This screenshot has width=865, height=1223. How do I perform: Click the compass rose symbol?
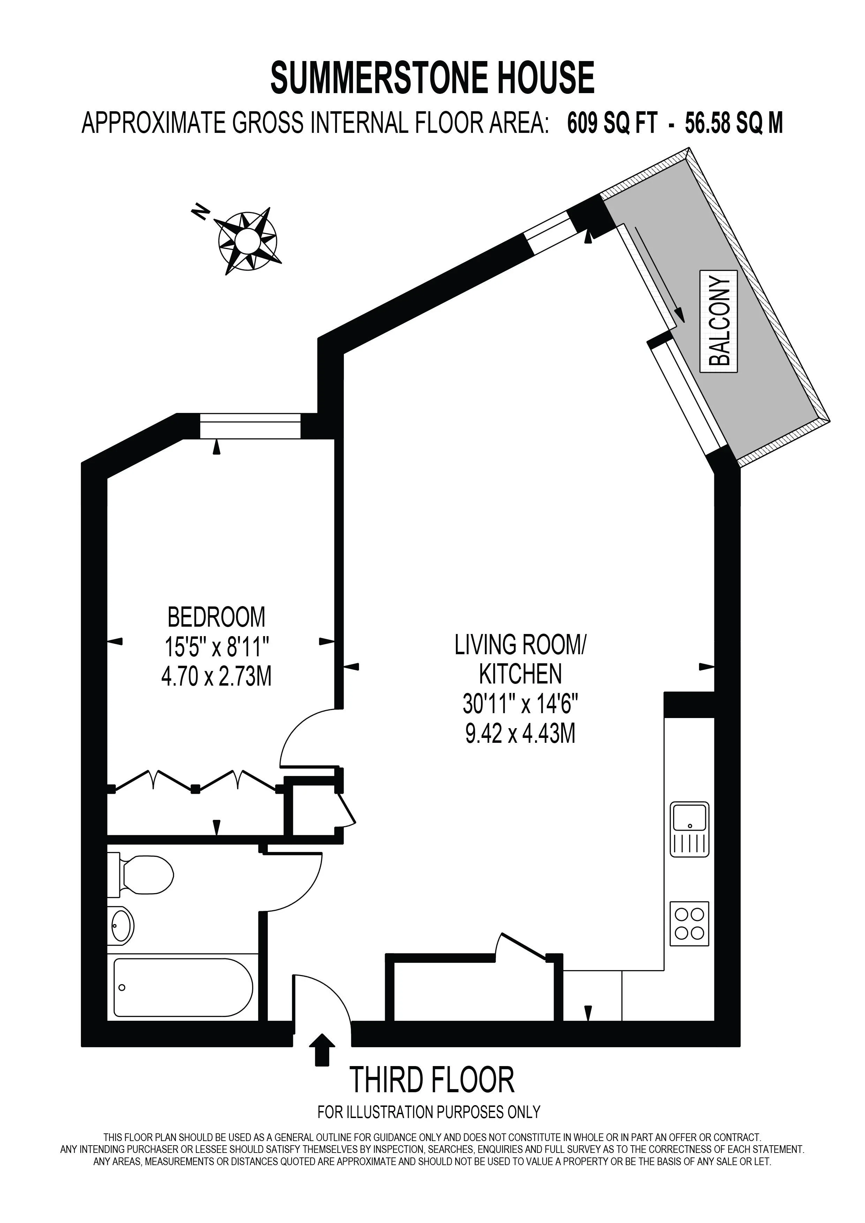(247, 239)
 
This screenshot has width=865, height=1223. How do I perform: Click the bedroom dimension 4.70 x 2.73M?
(216, 677)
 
